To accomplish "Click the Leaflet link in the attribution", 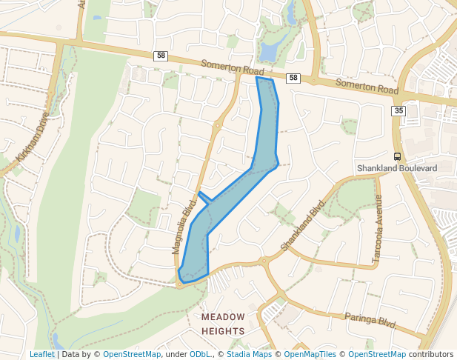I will point(41,354).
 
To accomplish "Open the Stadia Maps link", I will point(249,354).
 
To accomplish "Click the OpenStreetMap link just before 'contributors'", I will point(377,354).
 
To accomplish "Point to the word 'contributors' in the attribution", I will point(430,354).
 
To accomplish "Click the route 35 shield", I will point(399,111).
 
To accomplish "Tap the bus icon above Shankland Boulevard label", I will point(397,156).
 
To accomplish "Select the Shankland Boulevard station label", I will point(397,168).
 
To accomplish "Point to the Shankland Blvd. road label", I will point(304,224).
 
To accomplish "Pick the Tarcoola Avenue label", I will point(378,229).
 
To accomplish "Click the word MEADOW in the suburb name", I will point(223,316).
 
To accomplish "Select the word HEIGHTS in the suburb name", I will point(223,330).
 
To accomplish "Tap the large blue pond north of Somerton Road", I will point(267,51).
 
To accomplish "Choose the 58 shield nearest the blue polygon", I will point(293,78).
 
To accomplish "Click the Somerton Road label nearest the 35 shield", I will point(367,85).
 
